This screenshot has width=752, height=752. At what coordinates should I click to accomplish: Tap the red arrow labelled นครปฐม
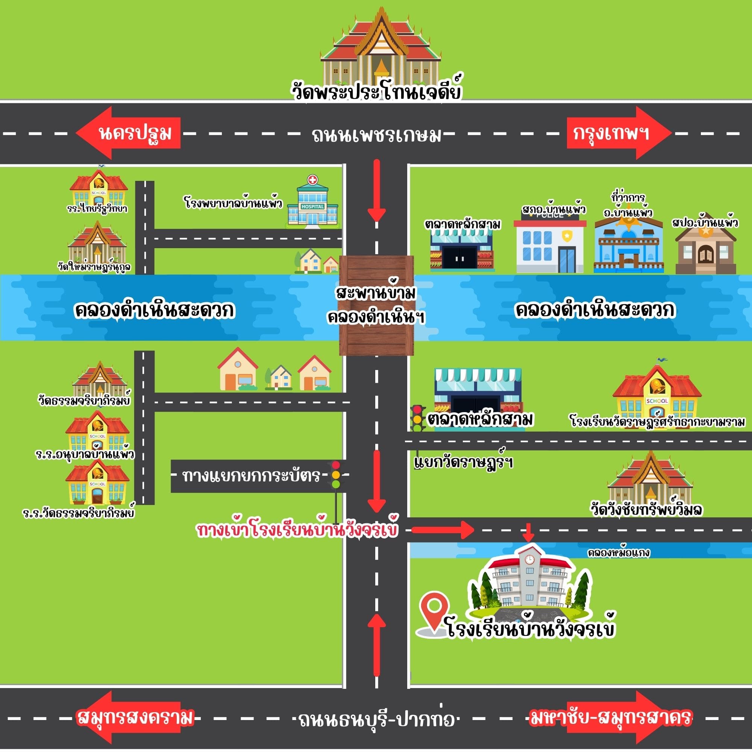pyautogui.click(x=129, y=133)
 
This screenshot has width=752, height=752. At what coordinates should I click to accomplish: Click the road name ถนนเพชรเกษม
pyautogui.click(x=376, y=135)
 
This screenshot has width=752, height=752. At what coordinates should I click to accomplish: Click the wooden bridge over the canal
pyautogui.click(x=376, y=306)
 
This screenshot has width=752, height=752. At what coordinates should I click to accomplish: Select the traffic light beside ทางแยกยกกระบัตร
pyautogui.click(x=335, y=475)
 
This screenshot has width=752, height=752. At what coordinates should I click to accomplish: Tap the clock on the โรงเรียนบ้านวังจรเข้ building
pyautogui.click(x=529, y=560)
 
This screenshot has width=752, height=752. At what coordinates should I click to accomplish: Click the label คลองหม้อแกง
pyautogui.click(x=619, y=553)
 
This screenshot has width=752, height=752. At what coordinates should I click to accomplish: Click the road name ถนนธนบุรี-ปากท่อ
pyautogui.click(x=376, y=720)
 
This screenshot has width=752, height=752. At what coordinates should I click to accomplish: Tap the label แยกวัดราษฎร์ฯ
pyautogui.click(x=463, y=462)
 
